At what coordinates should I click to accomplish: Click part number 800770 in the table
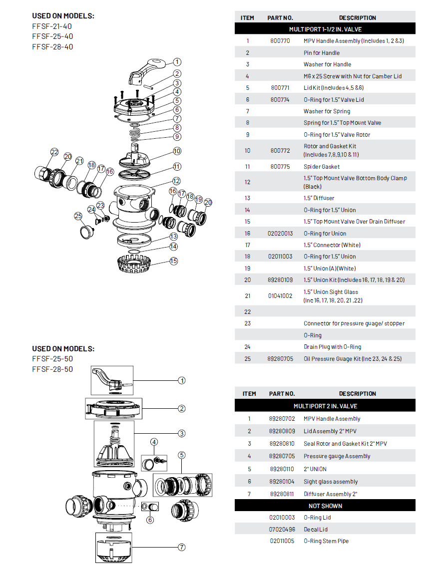[280, 41]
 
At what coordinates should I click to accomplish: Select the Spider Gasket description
[322, 167]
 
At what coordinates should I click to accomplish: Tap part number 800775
[280, 167]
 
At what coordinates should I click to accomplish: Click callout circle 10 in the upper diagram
[177, 151]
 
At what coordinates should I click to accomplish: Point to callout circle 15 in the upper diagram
[174, 261]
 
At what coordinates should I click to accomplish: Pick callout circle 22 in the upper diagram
[54, 152]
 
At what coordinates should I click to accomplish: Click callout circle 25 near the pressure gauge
[78, 216]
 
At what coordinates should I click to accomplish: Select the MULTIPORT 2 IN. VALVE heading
[325, 406]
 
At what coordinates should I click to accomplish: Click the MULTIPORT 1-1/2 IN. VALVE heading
[325, 29]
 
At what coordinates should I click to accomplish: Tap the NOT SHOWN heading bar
[325, 506]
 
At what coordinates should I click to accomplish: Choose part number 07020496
[282, 530]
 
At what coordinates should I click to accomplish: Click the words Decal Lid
[316, 530]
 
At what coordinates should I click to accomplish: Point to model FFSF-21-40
[52, 26]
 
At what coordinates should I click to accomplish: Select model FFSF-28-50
[52, 369]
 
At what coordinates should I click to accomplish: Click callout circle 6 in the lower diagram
[150, 520]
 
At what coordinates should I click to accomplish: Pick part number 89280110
[282, 469]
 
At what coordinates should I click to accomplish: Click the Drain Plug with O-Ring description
[332, 347]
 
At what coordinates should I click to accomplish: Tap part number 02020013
[280, 234]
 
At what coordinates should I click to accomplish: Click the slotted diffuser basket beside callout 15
[134, 264]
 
